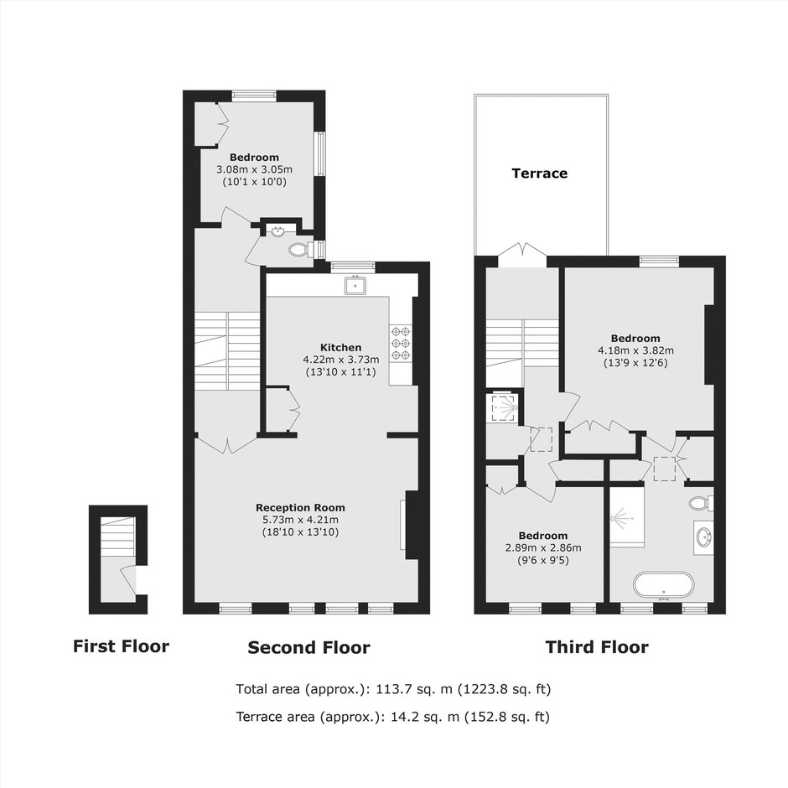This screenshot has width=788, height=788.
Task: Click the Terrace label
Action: pyautogui.click(x=539, y=174)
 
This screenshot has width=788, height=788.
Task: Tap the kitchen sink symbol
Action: pyautogui.click(x=355, y=285)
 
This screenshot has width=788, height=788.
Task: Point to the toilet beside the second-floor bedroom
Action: pyautogui.click(x=300, y=249)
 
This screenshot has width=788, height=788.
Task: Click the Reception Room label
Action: pyautogui.click(x=300, y=507)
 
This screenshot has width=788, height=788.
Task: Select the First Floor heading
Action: pyautogui.click(x=121, y=645)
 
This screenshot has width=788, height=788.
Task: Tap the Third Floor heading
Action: pyautogui.click(x=597, y=647)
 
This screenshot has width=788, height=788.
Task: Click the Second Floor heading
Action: pyautogui.click(x=309, y=647)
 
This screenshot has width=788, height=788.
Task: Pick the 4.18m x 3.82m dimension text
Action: pyautogui.click(x=635, y=350)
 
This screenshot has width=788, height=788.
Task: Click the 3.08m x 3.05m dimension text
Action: pyautogui.click(x=254, y=169)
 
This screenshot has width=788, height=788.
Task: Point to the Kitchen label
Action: pyautogui.click(x=340, y=347)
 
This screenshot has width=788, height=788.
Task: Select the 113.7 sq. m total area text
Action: pyautogui.click(x=393, y=688)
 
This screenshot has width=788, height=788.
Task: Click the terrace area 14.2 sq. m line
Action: pyautogui.click(x=393, y=716)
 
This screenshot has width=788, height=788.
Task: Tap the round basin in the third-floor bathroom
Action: pyautogui.click(x=703, y=537)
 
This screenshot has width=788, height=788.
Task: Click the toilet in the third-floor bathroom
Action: pyautogui.click(x=700, y=502)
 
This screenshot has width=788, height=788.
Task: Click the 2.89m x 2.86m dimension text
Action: pyautogui.click(x=543, y=547)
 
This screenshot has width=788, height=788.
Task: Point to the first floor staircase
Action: pyautogui.click(x=118, y=537)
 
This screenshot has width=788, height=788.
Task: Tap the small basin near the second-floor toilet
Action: pyautogui.click(x=278, y=231)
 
